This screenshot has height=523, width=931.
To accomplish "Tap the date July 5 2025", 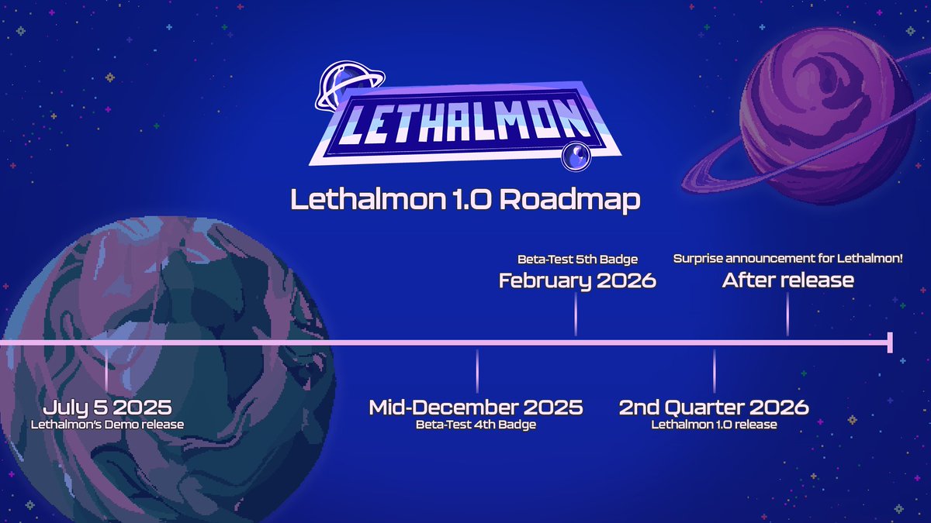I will [x=107, y=408].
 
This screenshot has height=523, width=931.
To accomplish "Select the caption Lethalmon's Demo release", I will [x=107, y=425].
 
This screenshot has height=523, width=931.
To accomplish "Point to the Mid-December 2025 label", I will [x=476, y=408].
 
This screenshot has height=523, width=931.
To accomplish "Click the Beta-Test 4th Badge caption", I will [x=476, y=425].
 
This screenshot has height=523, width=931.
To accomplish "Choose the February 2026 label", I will [x=577, y=280].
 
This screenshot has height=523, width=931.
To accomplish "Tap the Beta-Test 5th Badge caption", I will [x=577, y=258].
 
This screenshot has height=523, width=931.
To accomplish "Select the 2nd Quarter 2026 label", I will [x=714, y=408].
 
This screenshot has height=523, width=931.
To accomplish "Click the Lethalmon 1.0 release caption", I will [x=714, y=425].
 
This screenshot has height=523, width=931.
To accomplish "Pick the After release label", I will [x=787, y=280].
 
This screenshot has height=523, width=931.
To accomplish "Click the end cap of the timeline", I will [x=890, y=342].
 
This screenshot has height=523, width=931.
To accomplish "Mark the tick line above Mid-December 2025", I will [x=476, y=370].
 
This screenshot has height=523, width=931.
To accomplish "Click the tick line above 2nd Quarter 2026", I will [x=714, y=370].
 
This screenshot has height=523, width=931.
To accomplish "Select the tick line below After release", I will [x=787, y=315].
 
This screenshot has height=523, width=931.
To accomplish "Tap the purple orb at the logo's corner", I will [x=575, y=157].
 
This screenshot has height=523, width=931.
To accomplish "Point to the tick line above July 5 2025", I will [x=107, y=370].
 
